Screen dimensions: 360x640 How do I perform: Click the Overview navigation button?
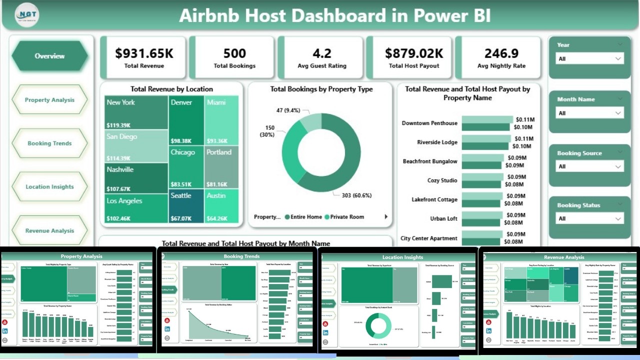point(49,56)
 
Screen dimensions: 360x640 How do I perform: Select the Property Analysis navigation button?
point(49,100)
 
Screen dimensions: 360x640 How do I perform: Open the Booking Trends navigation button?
point(49,143)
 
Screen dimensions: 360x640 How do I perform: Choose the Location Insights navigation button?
point(49,187)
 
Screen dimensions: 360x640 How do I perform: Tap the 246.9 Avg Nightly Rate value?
point(501,53)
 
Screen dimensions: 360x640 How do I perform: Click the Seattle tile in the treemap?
point(185,205)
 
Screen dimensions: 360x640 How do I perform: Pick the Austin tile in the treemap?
point(221,205)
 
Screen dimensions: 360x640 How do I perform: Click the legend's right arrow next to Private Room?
point(385,217)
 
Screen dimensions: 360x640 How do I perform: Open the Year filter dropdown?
point(590,59)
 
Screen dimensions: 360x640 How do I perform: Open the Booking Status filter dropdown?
point(590,218)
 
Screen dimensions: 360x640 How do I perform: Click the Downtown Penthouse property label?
point(429,123)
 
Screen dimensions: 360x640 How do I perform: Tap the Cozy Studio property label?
point(442,180)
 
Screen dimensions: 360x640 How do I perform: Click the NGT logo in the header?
point(27,15)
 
